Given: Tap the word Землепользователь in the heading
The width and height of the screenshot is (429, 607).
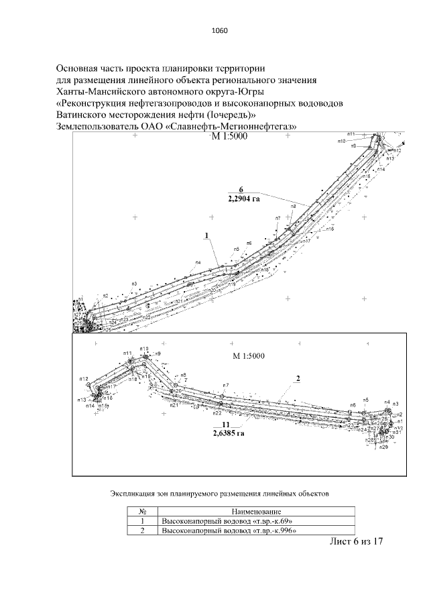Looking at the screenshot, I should tap(97, 126).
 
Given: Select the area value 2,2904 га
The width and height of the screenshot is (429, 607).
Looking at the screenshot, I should tap(243, 199).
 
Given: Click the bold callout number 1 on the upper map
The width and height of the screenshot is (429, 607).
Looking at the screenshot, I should tap(208, 235).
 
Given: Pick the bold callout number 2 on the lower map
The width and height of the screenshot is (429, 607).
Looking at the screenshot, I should tap(297, 378).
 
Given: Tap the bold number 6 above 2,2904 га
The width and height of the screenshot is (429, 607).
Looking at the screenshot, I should tap(241, 189).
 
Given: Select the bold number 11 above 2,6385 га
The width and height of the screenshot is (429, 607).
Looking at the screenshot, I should tap(226, 425).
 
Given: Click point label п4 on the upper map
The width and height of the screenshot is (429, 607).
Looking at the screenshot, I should tap(198, 262).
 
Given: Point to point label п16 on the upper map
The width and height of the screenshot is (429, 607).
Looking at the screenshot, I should tap(330, 229).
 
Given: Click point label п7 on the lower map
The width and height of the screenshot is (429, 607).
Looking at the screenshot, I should tap(226, 385).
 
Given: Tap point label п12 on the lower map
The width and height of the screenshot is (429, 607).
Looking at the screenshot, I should tap(84, 380).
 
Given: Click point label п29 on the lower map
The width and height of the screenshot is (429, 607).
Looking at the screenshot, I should tap(384, 447).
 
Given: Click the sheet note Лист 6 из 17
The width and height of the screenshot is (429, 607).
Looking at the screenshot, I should tap(355, 542).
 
